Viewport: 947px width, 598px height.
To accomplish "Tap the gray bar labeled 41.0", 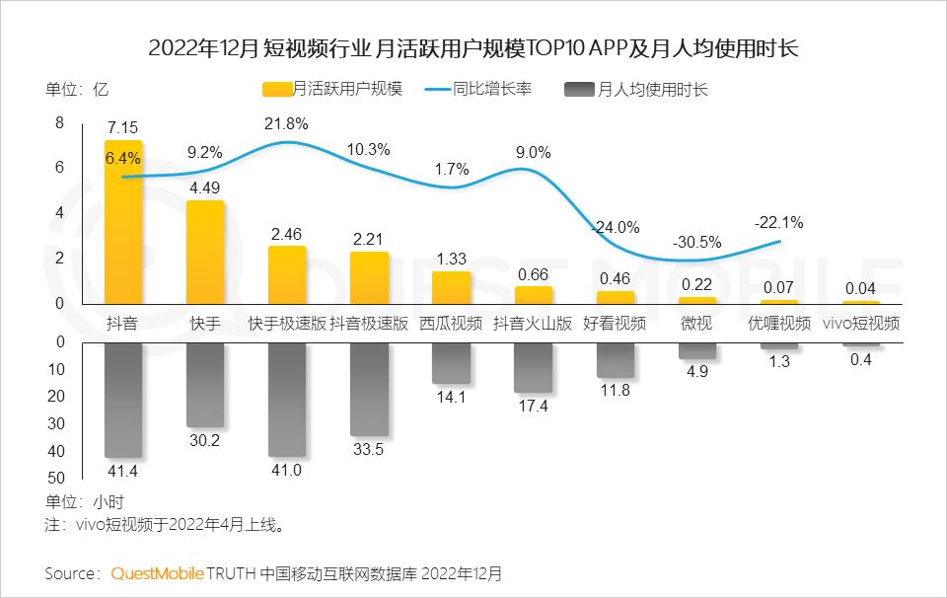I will click(x=287, y=400).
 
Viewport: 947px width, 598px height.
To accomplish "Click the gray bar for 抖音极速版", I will click(x=369, y=390).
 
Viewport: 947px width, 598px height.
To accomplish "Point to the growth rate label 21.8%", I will click(x=287, y=124).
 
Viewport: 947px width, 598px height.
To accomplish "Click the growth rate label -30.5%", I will click(x=696, y=242).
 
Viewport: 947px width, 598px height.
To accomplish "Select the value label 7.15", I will click(x=123, y=128).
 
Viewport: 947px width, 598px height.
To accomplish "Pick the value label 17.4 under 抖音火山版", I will click(x=533, y=407).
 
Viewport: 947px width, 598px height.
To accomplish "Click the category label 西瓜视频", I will click(x=451, y=323).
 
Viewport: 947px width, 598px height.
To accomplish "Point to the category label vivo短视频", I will click(x=860, y=323).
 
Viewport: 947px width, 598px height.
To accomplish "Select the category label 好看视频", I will click(x=615, y=323).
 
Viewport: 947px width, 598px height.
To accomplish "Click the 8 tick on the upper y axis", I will click(x=59, y=123).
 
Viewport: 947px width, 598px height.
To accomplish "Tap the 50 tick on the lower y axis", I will click(x=56, y=478).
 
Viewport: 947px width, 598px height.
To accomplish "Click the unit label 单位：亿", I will click(x=76, y=89).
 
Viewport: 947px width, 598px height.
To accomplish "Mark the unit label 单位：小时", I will click(x=85, y=501).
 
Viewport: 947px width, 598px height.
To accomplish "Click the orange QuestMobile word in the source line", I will click(x=158, y=573).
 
